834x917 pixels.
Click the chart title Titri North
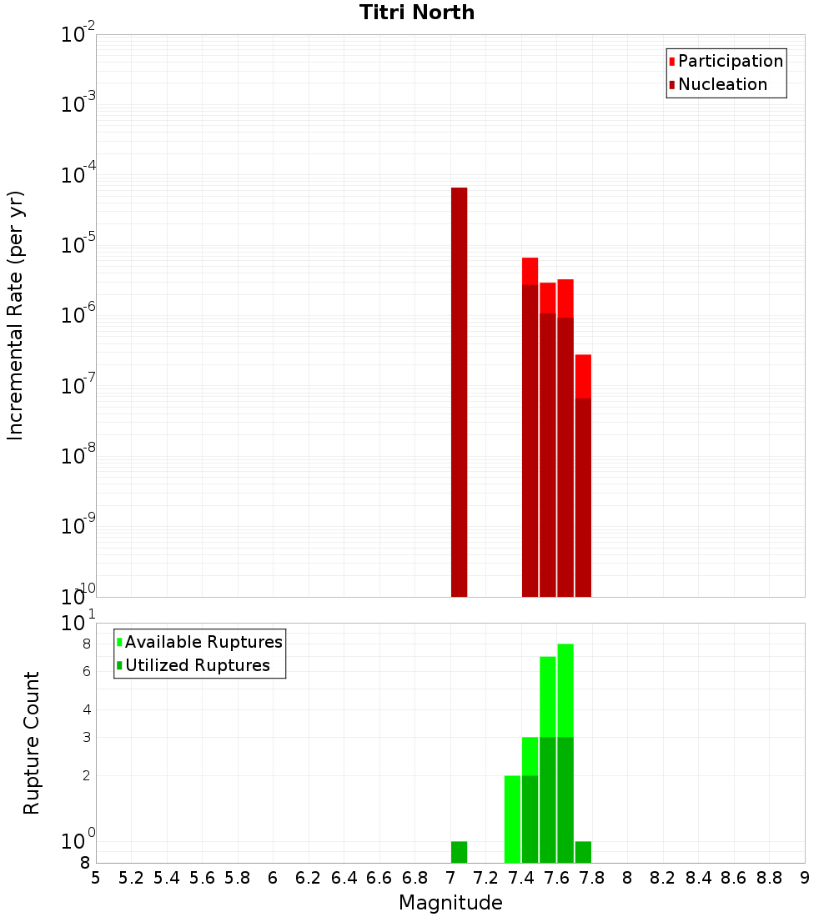pyautogui.click(x=417, y=13)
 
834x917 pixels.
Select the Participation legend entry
pyautogui.click(x=730, y=61)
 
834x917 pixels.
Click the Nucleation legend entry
pyautogui.click(x=721, y=84)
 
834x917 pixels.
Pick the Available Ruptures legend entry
pyautogui.click(x=203, y=642)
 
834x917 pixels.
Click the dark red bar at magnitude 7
pyautogui.click(x=459, y=392)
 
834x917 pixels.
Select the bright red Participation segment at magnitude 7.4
pyautogui.click(x=530, y=271)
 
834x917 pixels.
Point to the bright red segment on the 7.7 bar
pyautogui.click(x=583, y=376)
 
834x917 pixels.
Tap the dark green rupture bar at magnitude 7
pyautogui.click(x=459, y=852)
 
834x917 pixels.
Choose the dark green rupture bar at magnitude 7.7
pyautogui.click(x=583, y=852)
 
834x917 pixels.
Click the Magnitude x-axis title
pyautogui.click(x=450, y=903)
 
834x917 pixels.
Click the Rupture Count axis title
pyautogui.click(x=32, y=742)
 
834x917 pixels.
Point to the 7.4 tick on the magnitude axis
pyautogui.click(x=521, y=878)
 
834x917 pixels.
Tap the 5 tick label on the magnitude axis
pyautogui.click(x=96, y=878)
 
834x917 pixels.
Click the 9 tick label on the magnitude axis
pyautogui.click(x=805, y=878)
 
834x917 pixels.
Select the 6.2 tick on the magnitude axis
pyautogui.click(x=309, y=878)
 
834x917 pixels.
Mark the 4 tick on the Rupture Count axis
pyautogui.click(x=86, y=710)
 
